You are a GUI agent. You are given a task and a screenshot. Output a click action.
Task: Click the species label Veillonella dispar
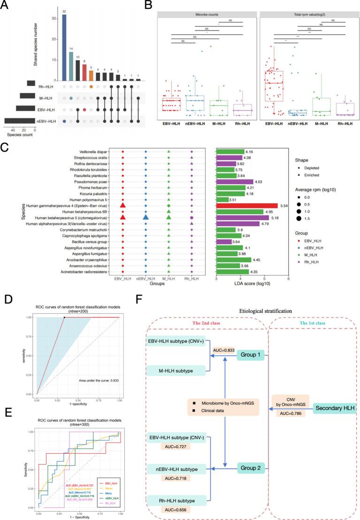tap(94, 152)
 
